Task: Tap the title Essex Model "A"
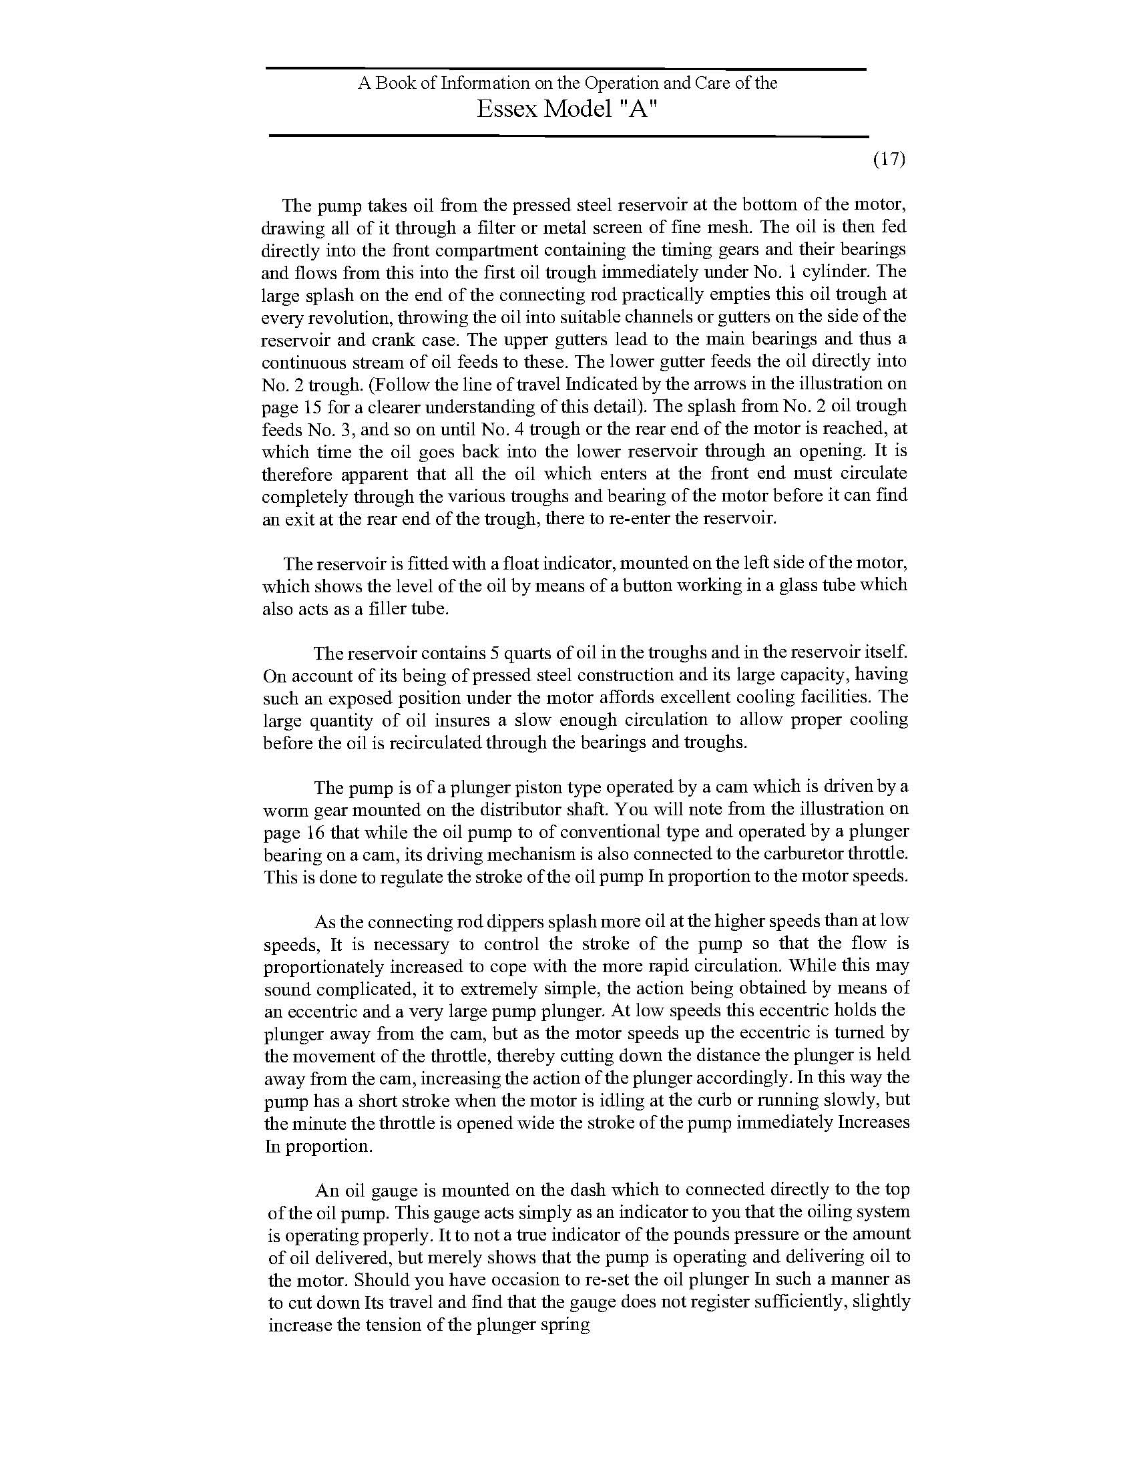pyautogui.click(x=566, y=110)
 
